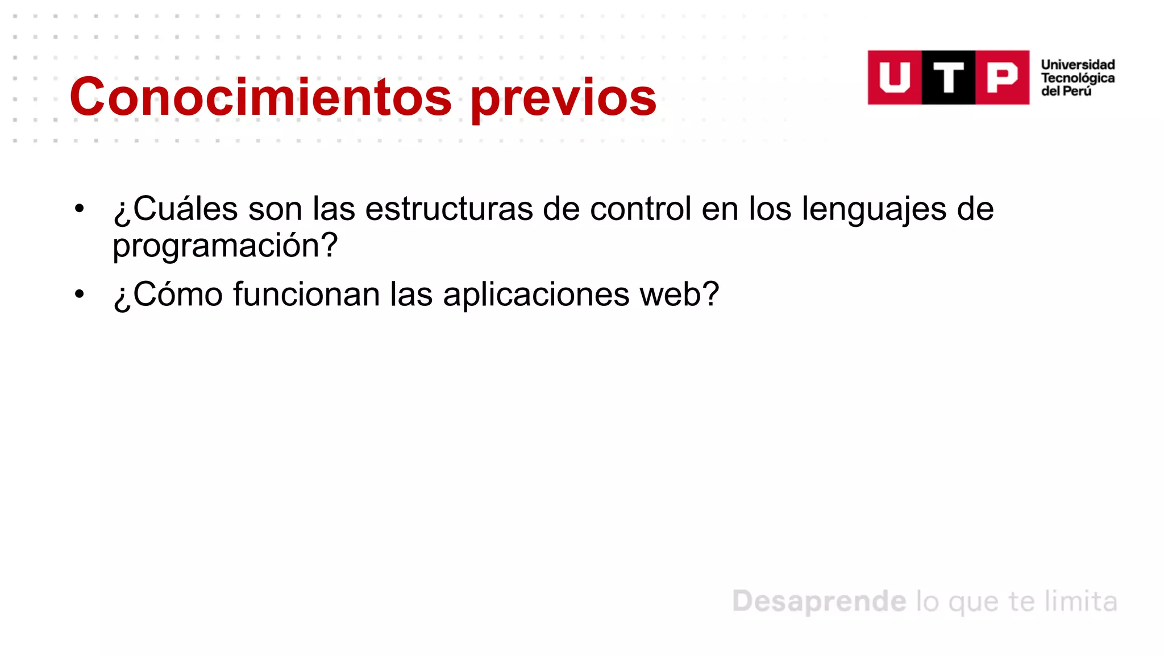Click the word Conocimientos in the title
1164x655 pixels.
261,97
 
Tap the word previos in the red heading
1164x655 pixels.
563,98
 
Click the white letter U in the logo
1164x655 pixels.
895,77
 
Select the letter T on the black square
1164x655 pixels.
949,77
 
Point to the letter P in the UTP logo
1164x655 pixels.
1002,77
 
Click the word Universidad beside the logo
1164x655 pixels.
1078,65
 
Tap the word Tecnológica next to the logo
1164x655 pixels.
1078,78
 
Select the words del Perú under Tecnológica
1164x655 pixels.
1066,91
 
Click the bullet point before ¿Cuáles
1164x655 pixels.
80,209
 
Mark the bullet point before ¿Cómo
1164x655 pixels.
80,295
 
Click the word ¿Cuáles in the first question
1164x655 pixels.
176,209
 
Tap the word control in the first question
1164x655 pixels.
641,209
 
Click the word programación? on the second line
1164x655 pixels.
225,246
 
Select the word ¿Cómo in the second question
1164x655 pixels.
168,295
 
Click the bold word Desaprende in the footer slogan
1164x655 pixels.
819,602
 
